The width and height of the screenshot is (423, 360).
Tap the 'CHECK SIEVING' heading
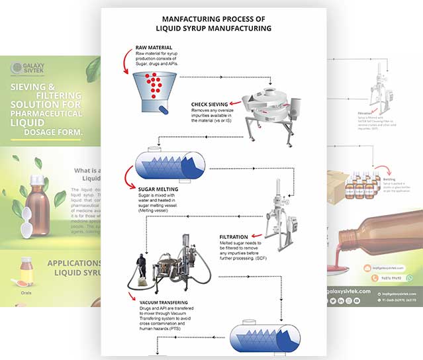(209, 105)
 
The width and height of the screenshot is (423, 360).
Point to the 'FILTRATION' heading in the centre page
(234, 236)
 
